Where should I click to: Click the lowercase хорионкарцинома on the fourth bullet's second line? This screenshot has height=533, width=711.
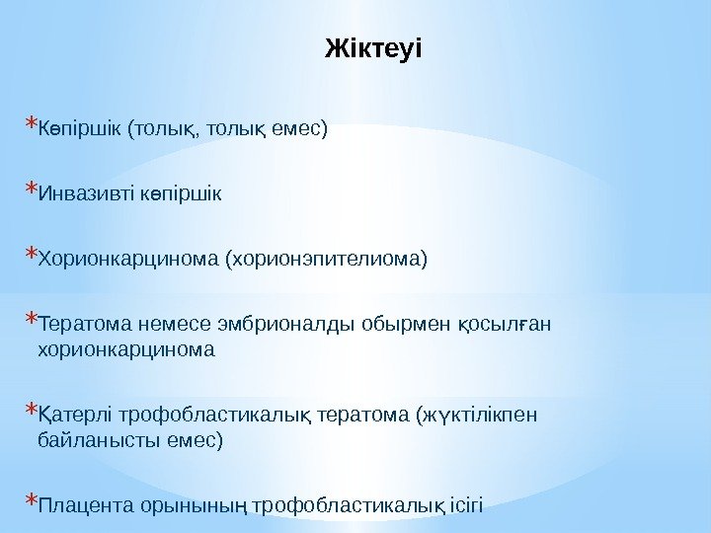[x=124, y=349]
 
